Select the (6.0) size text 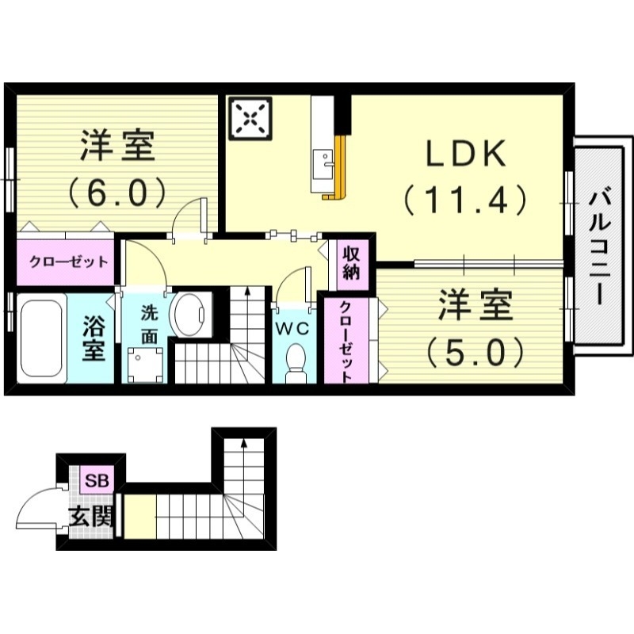tap(116, 191)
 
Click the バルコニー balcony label tap(598, 245)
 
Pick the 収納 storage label tap(352, 263)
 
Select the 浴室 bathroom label tap(94, 339)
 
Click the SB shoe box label tap(98, 479)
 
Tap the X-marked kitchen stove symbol tap(250, 119)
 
